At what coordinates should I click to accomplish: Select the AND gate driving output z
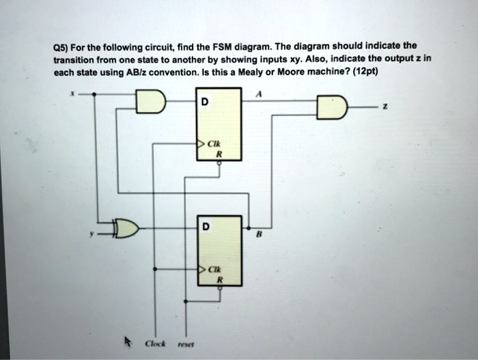[x=332, y=107]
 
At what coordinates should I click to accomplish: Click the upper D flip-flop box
[x=219, y=124]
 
